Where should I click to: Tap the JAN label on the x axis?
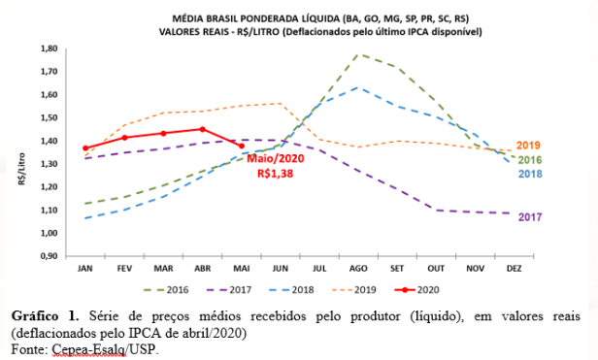[x=85, y=267]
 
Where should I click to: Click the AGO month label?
[x=359, y=267]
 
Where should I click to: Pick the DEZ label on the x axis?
[x=515, y=267]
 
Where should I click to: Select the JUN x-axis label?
[x=281, y=267]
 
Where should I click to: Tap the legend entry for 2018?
[x=307, y=288]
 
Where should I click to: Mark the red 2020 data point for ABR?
[x=202, y=129]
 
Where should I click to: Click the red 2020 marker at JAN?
[x=85, y=147]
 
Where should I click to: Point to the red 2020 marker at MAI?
[x=242, y=146]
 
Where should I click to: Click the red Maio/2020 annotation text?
[x=276, y=158]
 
